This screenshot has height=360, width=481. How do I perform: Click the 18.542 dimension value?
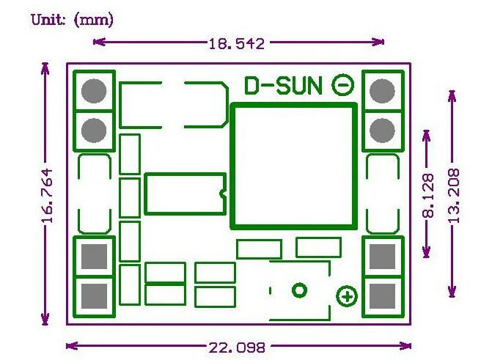[x=236, y=43]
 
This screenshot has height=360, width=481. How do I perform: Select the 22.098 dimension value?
[x=236, y=347]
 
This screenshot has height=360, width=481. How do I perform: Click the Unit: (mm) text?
[x=72, y=19]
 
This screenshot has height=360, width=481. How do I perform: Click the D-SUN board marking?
[x=283, y=87]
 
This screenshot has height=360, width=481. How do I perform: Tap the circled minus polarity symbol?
[x=342, y=86]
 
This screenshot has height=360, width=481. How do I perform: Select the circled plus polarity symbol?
[x=346, y=297]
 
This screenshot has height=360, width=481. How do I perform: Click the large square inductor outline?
[x=294, y=166]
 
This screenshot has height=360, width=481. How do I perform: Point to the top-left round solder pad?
[x=94, y=91]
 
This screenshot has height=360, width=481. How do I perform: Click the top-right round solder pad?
[x=382, y=91]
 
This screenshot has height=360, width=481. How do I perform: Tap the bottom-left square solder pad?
[x=94, y=296]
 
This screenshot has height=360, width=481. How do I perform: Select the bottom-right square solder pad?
[x=382, y=296]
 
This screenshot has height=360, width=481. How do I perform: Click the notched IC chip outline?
[x=185, y=193]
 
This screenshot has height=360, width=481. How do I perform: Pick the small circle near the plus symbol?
[x=299, y=290]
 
